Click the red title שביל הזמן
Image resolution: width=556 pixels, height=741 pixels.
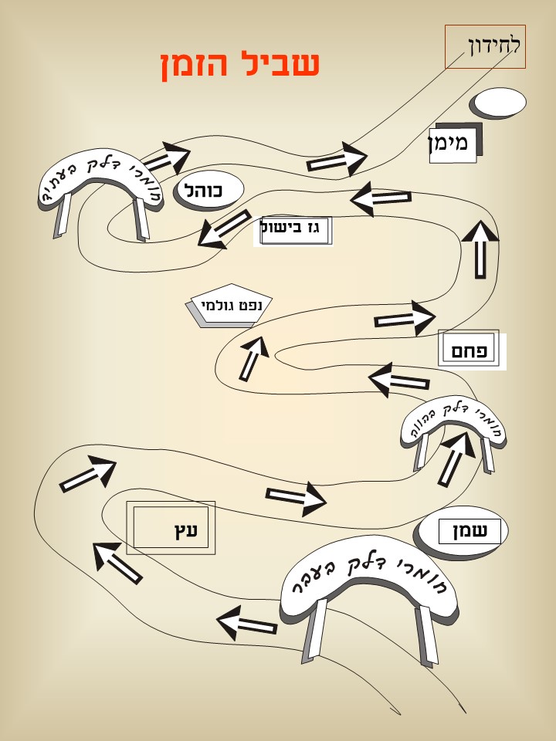240,65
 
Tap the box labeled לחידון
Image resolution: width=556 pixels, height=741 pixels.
485,46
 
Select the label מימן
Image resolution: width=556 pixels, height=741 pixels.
453,144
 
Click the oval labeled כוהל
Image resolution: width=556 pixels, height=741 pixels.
209,190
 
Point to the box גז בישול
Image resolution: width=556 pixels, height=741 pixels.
296,231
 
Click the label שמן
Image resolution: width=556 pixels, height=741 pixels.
470,531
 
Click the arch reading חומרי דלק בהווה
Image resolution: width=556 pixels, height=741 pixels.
453,422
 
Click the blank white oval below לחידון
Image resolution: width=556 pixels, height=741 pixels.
499,102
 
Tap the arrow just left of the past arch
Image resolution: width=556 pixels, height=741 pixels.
247,622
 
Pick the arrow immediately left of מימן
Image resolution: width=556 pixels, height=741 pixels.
337,161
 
